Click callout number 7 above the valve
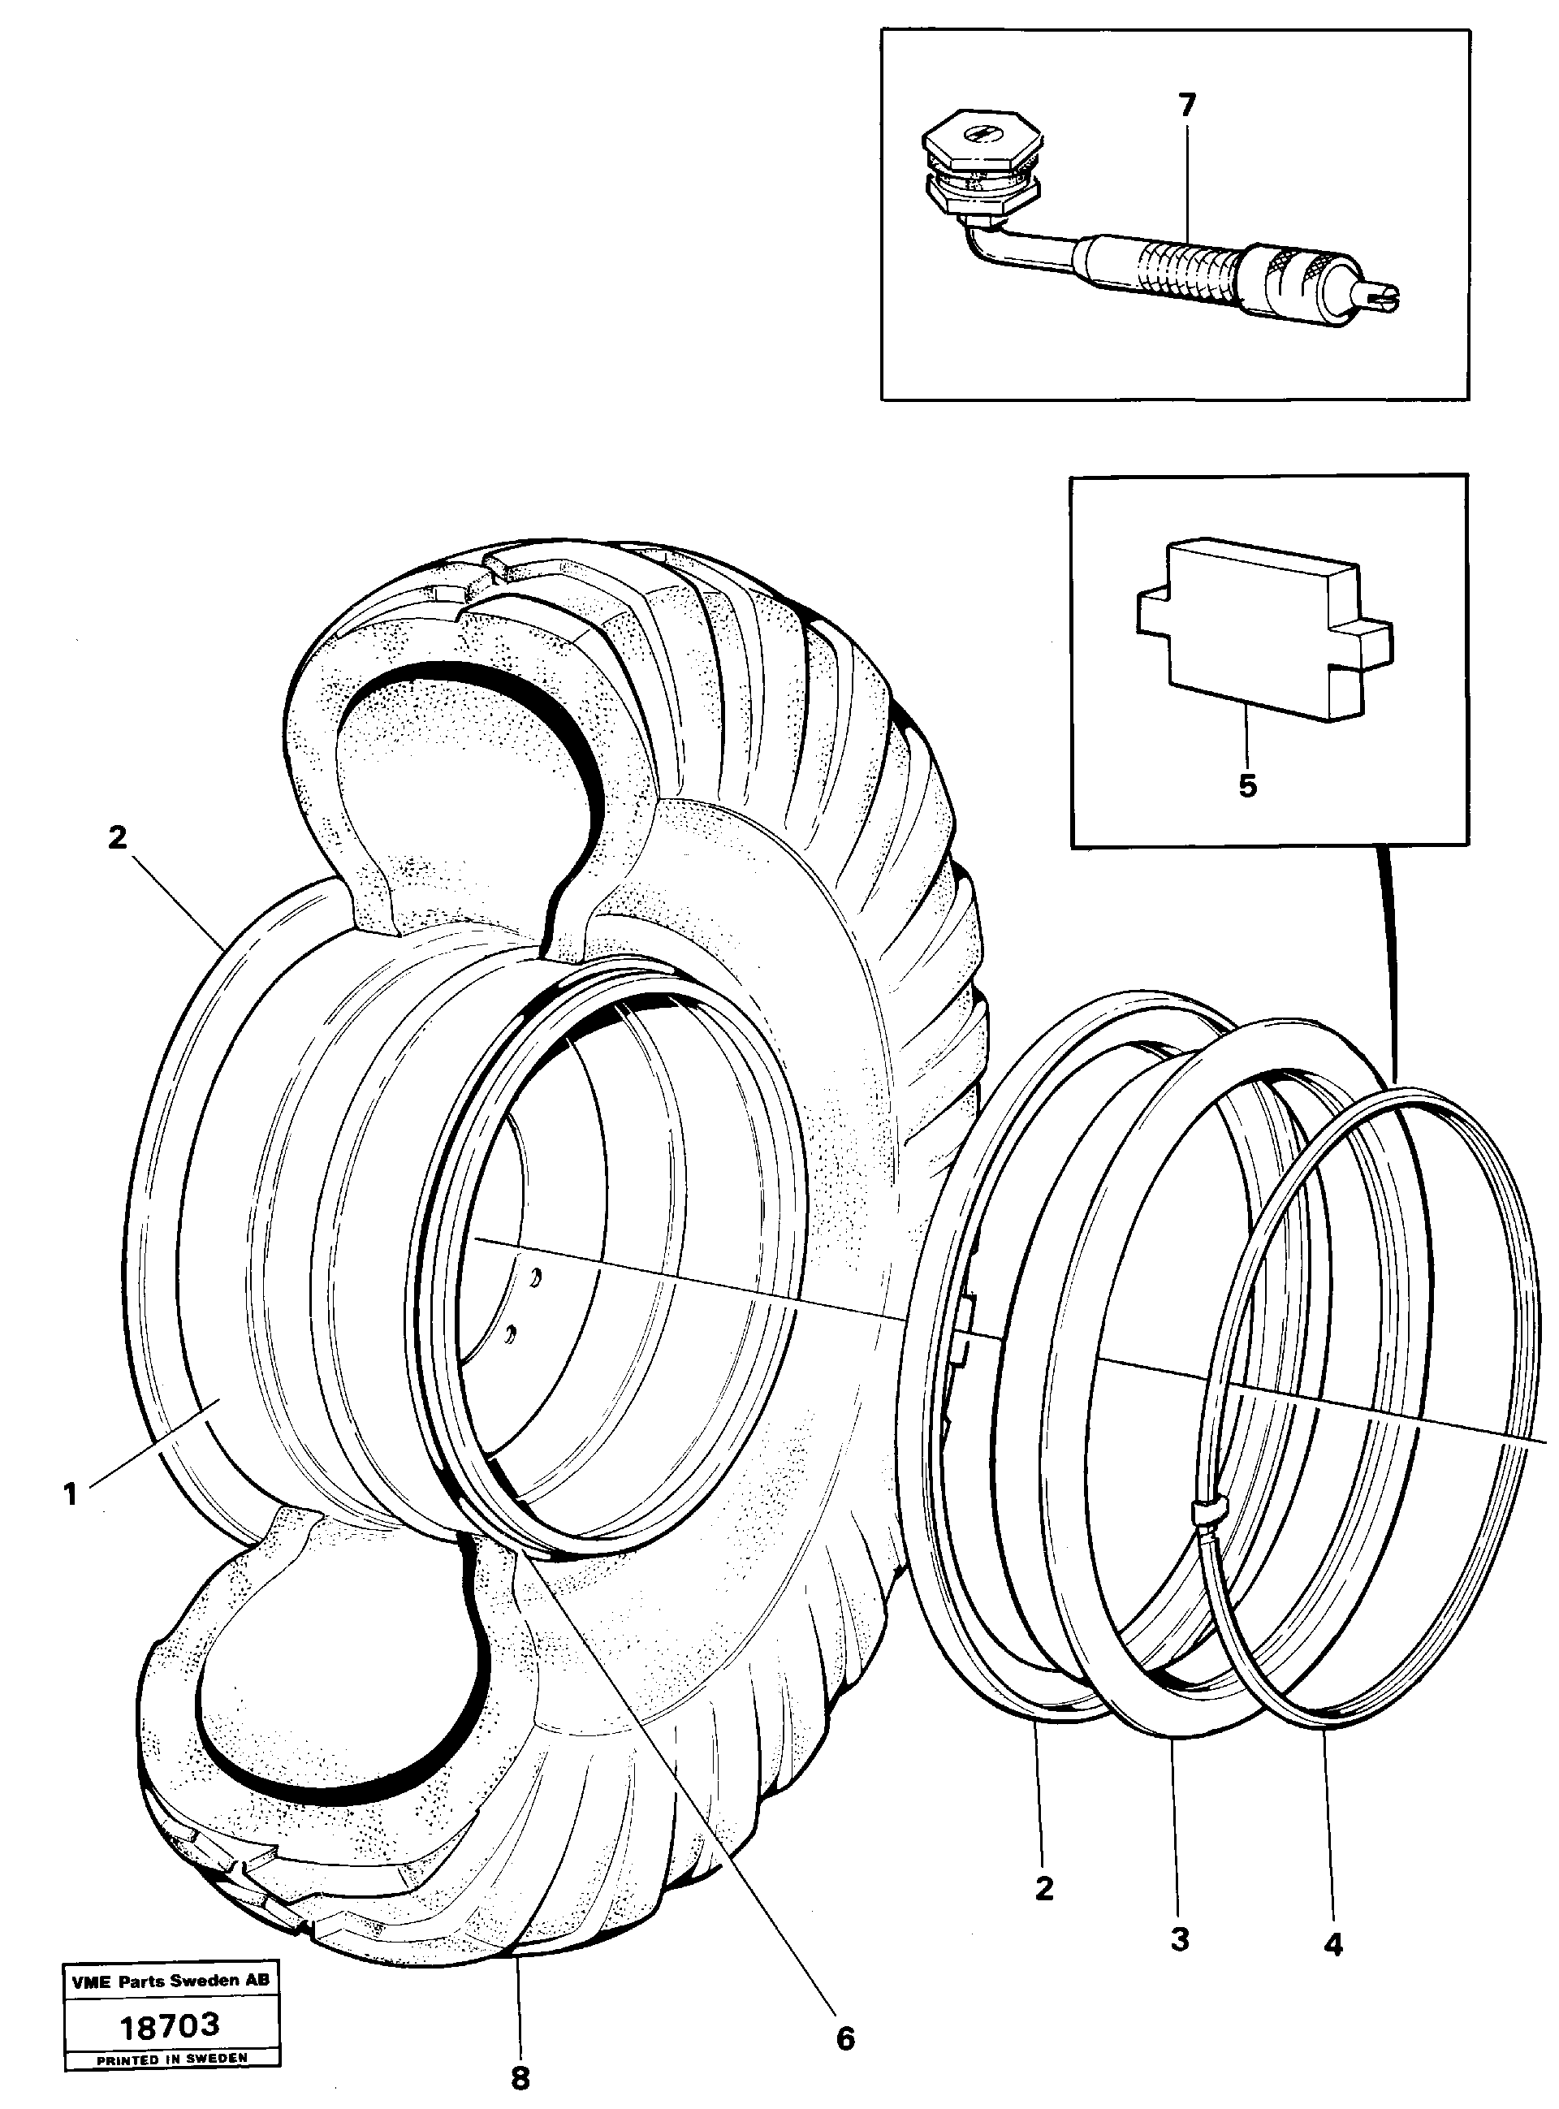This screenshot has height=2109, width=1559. pyautogui.click(x=1186, y=105)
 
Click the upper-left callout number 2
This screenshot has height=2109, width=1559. pyautogui.click(x=117, y=838)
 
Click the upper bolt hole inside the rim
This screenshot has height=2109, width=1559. pyautogui.click(x=535, y=1277)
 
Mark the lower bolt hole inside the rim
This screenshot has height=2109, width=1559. pyautogui.click(x=510, y=1332)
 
